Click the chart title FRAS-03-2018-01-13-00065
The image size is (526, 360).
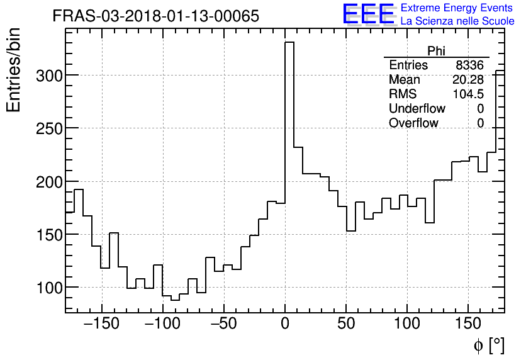tap(155, 16)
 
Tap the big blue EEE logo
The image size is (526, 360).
tap(368, 15)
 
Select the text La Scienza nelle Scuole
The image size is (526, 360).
tap(457, 21)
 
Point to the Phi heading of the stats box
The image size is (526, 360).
tap(437, 51)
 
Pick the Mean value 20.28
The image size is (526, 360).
tap(468, 80)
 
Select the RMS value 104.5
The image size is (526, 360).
tap(468, 94)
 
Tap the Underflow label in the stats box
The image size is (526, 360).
tap(417, 109)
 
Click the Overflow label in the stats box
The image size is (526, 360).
tap(413, 123)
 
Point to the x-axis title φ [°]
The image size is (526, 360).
tap(488, 345)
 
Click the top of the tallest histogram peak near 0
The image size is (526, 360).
tap(289, 43)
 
